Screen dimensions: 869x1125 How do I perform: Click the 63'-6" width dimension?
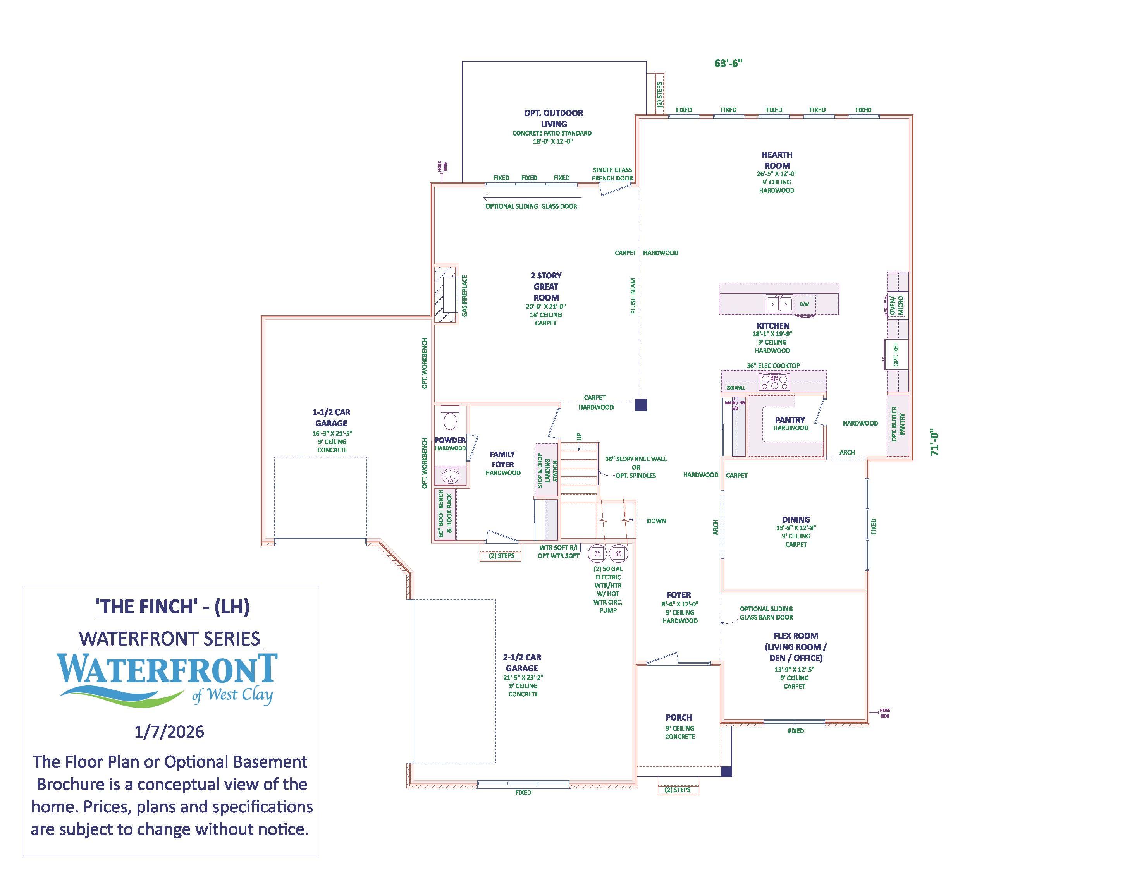coord(728,64)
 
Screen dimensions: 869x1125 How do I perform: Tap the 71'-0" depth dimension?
coord(935,442)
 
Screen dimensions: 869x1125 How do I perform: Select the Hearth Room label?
coord(777,160)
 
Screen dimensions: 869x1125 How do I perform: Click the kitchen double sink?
coord(778,304)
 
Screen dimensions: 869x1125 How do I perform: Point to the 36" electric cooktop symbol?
coord(774,381)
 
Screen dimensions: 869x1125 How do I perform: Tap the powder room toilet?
coord(450,417)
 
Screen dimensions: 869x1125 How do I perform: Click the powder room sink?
coord(450,476)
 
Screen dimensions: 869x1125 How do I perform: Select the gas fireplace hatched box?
coord(446,294)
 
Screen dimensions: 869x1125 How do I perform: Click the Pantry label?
coord(790,420)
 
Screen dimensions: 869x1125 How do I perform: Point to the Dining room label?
coord(795,519)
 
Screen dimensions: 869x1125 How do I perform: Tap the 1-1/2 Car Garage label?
coord(331,417)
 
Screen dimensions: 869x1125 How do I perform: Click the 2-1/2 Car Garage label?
coord(522,663)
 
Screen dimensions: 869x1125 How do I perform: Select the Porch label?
coord(678,717)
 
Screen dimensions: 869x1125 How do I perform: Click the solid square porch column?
coord(726,771)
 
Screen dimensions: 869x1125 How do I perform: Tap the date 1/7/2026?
coord(169,732)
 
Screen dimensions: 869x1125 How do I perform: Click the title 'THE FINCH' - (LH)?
coord(172,606)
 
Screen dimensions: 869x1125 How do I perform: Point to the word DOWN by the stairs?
coord(656,520)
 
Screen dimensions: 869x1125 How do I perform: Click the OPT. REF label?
coord(896,354)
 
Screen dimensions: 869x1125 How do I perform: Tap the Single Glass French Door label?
coord(612,174)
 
